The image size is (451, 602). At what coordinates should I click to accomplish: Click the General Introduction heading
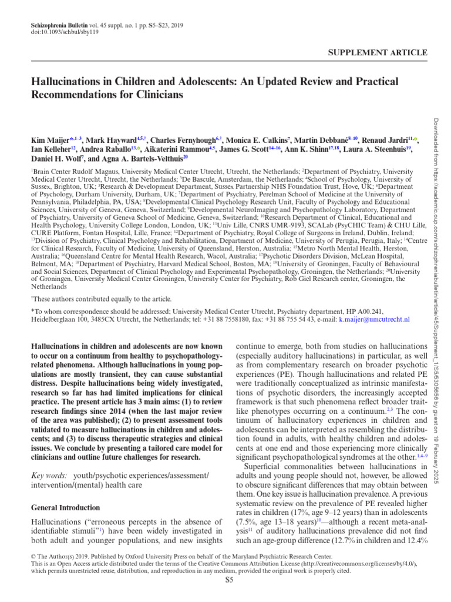pyautogui.click(x=65, y=507)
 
